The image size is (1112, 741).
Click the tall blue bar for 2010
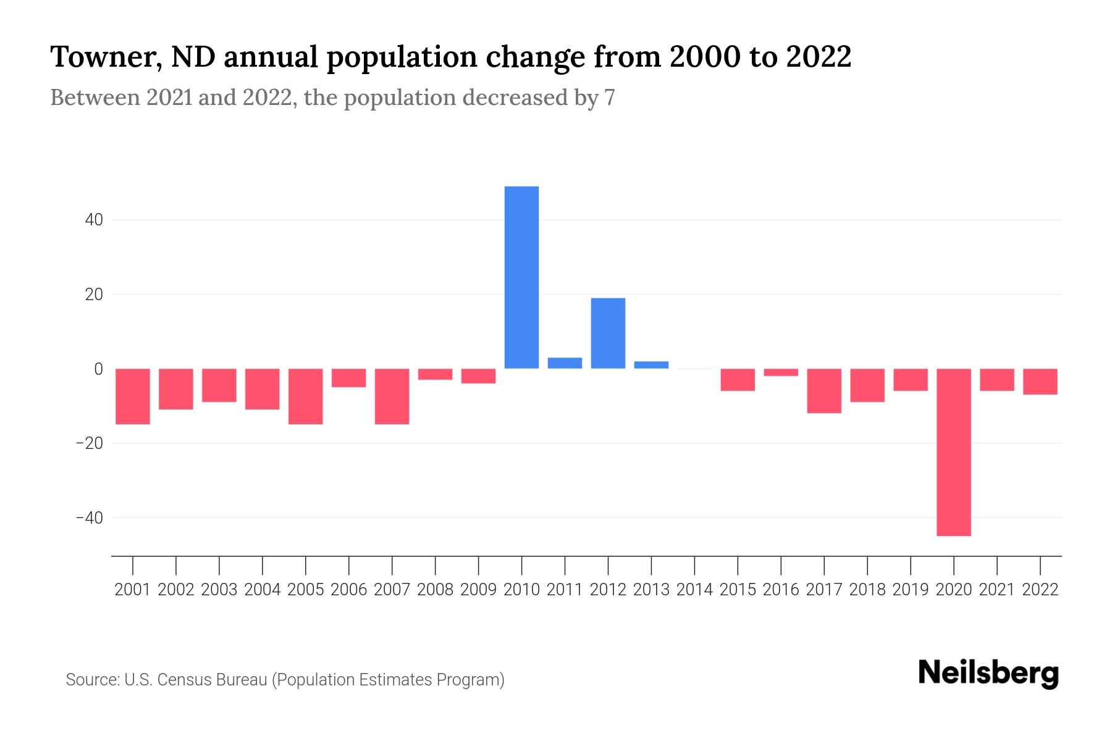(x=521, y=277)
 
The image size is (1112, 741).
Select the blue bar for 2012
(x=608, y=333)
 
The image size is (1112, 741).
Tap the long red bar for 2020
(x=953, y=452)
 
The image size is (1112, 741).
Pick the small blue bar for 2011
(x=565, y=363)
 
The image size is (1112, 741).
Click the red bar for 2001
(x=133, y=396)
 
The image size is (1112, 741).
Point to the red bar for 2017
(x=823, y=391)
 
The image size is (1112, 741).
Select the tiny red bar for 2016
(x=781, y=372)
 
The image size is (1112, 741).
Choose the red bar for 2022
(x=1040, y=382)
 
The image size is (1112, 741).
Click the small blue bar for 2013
(x=651, y=365)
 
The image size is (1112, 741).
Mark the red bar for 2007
(x=392, y=396)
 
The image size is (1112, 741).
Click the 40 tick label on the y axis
(x=94, y=220)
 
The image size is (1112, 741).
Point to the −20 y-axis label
(x=90, y=443)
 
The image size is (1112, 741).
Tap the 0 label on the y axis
(x=98, y=369)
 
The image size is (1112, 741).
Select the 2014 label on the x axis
(x=694, y=590)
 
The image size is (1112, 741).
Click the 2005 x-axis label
(x=306, y=590)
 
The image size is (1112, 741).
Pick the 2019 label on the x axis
(x=910, y=590)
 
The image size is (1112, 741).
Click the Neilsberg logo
(x=988, y=673)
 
